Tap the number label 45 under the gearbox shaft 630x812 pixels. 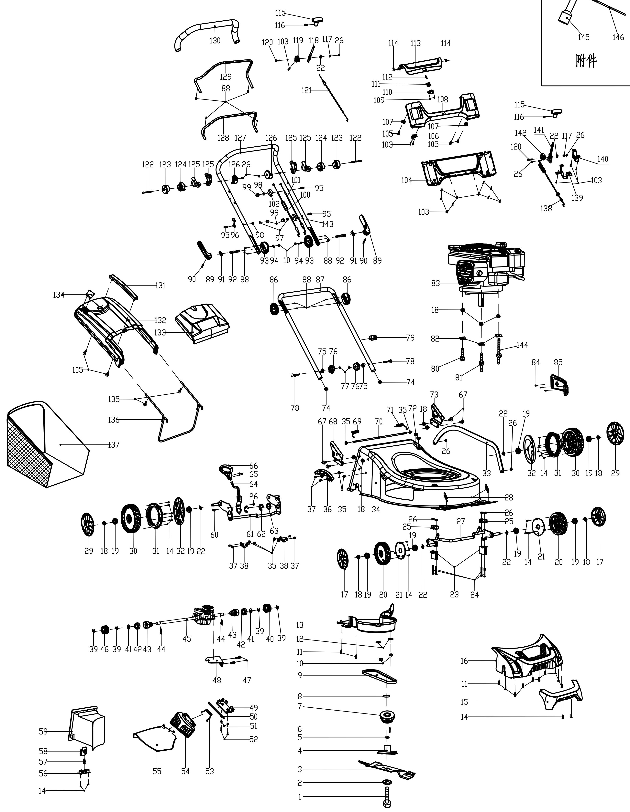[187, 639]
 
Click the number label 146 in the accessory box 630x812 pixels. [618, 37]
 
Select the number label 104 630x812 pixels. [407, 180]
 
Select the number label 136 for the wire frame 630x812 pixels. [114, 420]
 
